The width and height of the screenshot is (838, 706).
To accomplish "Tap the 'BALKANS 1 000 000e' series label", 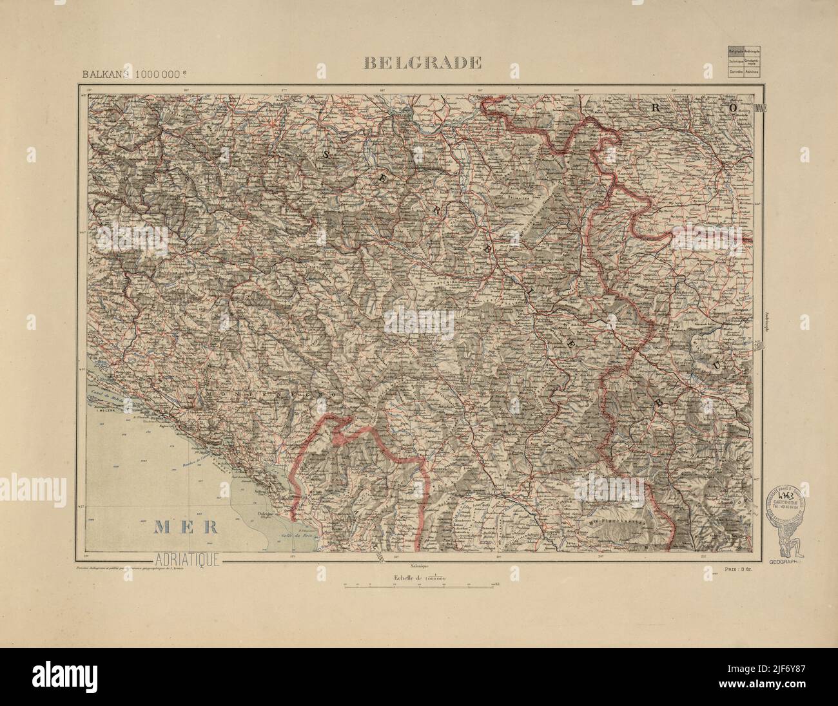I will [x=123, y=73].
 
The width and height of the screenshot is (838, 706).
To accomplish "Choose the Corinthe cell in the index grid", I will [x=735, y=72].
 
